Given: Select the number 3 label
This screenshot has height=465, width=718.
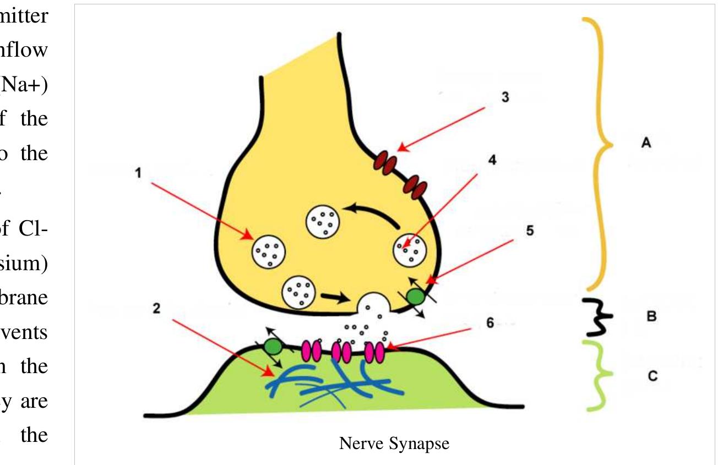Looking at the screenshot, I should pos(505,97).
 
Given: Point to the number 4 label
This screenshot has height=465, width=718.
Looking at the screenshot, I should pos(492,160).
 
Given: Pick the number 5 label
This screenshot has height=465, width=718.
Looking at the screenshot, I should pos(530,230).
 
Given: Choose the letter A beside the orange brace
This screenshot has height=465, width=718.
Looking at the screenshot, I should pos(646,143).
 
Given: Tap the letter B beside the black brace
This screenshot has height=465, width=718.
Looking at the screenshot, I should pos(651,318).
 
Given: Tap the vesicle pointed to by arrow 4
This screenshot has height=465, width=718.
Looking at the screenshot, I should pos(409,250).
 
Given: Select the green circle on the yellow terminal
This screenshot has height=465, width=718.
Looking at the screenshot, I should pos(415,297).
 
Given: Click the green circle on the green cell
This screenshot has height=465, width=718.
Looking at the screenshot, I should pos(273,346).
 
